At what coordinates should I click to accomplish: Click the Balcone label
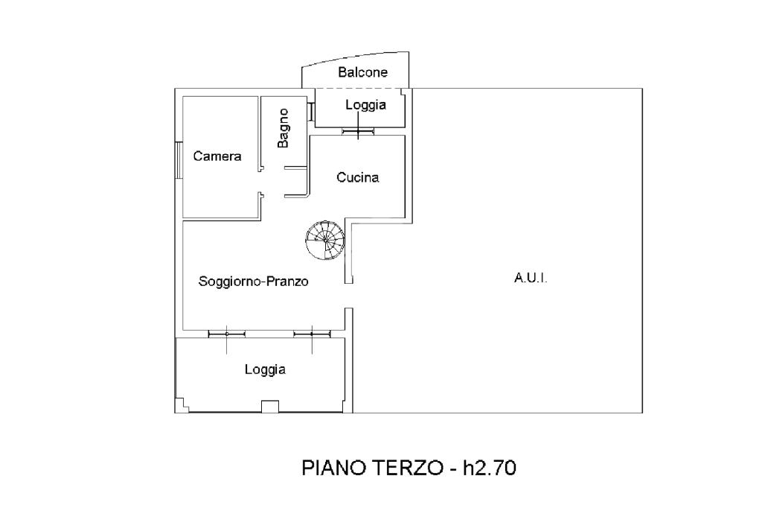[362, 72]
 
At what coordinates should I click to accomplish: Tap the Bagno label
[283, 128]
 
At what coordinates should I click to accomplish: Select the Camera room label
[217, 156]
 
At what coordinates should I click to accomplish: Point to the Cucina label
[358, 177]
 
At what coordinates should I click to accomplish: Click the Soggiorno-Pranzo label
[253, 282]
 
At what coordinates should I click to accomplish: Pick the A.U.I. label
[531, 279]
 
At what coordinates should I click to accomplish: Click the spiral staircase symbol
[325, 240]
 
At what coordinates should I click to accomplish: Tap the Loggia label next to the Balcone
[366, 104]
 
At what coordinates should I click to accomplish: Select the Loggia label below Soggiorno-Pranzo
[265, 369]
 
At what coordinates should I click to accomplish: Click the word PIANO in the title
[335, 468]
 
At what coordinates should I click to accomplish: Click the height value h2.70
[490, 468]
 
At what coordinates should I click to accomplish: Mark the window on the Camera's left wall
[179, 160]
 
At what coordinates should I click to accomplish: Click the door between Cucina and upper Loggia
[358, 131]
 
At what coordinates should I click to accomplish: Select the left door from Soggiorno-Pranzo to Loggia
[226, 334]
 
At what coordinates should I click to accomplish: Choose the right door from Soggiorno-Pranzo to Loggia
[312, 334]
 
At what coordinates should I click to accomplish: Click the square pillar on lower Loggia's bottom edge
[270, 406]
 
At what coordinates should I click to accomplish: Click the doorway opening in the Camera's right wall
[260, 182]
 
